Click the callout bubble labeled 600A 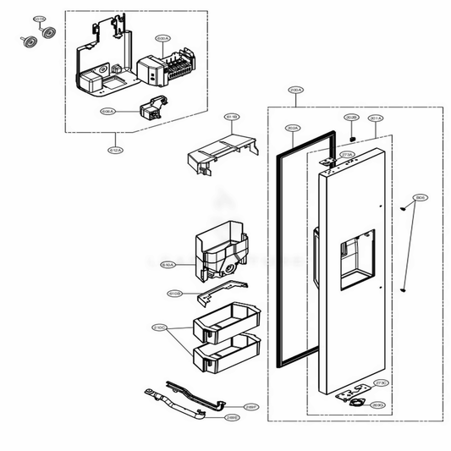pyautogui.click(x=163, y=39)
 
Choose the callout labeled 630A pyautogui.click(x=168, y=265)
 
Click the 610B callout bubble pyautogui.click(x=174, y=294)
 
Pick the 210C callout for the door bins pyautogui.click(x=158, y=327)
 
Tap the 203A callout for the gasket pyautogui.click(x=292, y=129)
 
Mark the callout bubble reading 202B pyautogui.click(x=351, y=118)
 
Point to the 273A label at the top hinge pyautogui.click(x=347, y=154)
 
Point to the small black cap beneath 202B pyautogui.click(x=350, y=133)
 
